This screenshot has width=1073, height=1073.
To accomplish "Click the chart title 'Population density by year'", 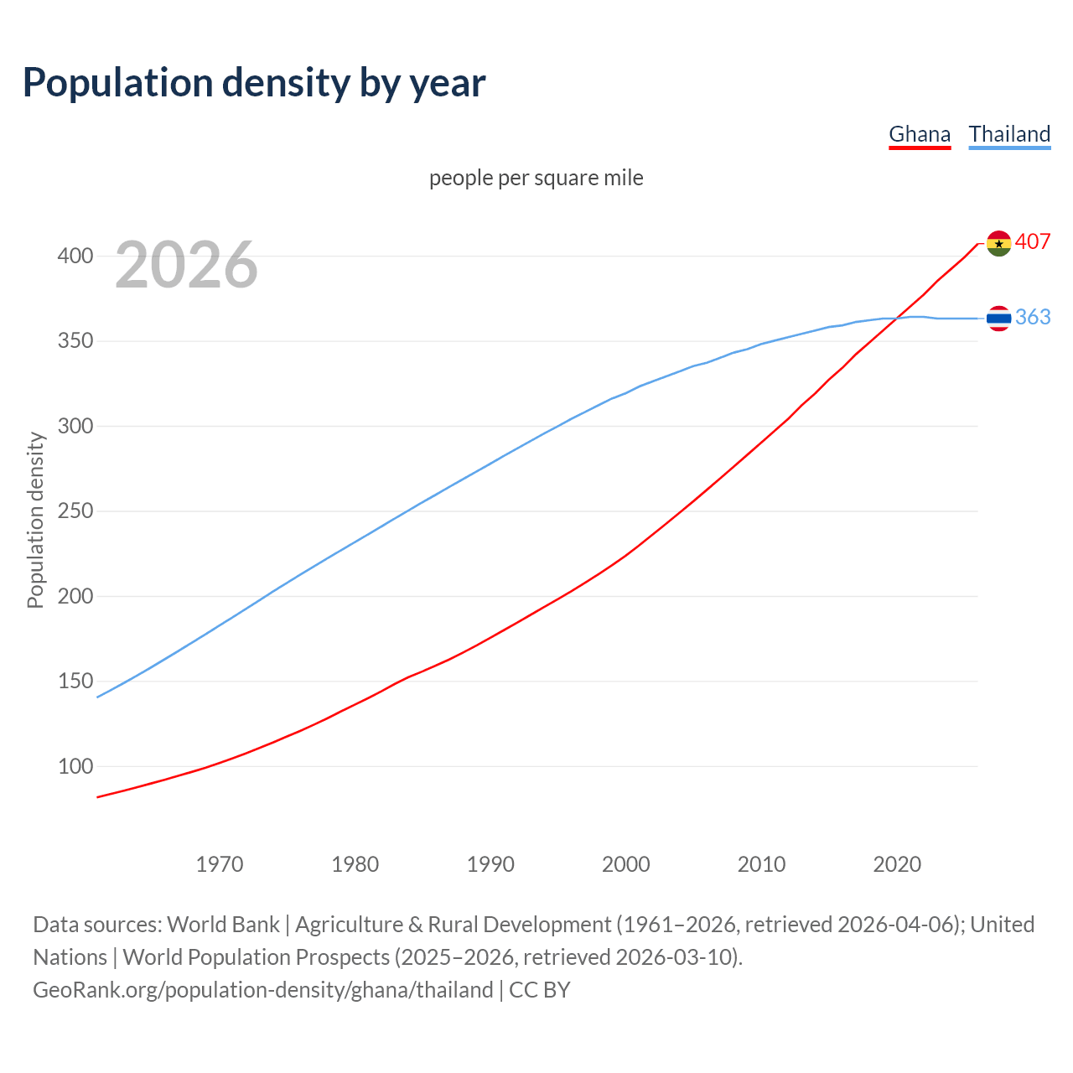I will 254,83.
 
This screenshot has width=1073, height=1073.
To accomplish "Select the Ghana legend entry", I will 920,134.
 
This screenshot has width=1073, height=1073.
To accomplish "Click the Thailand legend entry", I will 1009,134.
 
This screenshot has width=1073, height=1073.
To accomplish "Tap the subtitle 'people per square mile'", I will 536,178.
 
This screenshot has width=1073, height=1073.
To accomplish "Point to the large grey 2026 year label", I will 186,265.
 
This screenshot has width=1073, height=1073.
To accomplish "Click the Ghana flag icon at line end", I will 998,244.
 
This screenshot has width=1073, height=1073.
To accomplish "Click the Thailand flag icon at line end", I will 998,319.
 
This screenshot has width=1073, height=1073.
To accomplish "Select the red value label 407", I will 1033,241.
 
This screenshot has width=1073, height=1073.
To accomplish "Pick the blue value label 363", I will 1033,317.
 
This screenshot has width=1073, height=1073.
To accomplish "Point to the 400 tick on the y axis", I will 75,256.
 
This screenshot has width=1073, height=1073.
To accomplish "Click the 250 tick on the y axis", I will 75,511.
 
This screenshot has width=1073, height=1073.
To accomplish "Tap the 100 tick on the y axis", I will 75,766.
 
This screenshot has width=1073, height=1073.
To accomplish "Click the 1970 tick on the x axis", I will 220,864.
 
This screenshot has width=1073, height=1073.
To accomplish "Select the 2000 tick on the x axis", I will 625,864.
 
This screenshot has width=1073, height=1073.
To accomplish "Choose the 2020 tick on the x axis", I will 897,864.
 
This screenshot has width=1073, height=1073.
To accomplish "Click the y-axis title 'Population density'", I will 35,520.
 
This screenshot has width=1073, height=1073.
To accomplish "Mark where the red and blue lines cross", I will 896,318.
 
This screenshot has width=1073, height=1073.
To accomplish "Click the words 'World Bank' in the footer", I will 223,925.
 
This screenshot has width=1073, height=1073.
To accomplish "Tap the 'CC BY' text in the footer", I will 540,990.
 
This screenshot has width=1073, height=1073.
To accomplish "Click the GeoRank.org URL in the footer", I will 262,990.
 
